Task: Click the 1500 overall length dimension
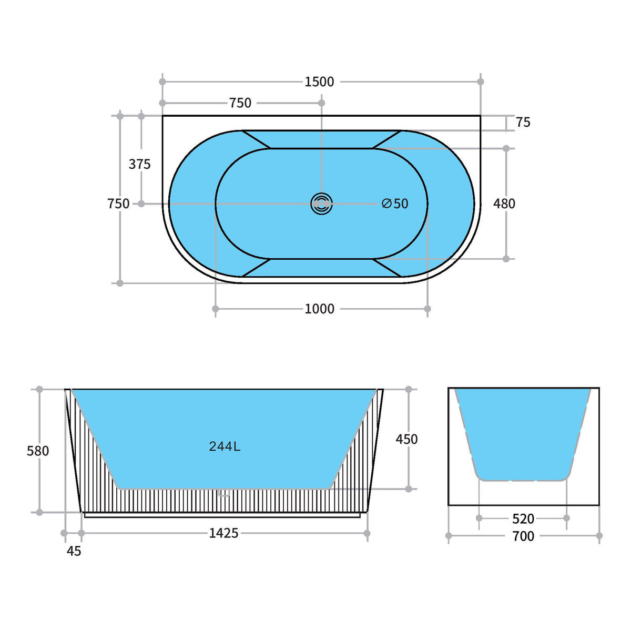coord(319,82)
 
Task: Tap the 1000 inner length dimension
coord(319,309)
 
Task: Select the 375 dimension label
coord(139,164)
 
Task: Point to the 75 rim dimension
coord(523,122)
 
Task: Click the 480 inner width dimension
coord(504,203)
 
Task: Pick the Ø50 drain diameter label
coord(395,203)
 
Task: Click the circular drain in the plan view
coord(322,203)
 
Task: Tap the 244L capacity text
coord(225,446)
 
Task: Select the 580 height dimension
coord(38,451)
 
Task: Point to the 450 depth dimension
coord(406,439)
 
